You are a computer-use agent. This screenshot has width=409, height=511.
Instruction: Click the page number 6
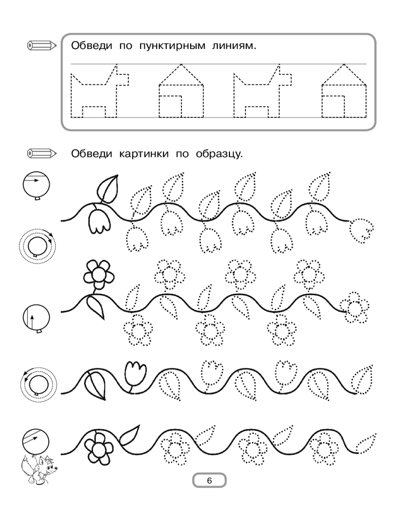click(209, 480)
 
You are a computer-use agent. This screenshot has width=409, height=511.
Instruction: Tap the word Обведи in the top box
click(92, 45)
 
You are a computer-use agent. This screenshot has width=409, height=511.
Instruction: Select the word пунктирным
click(172, 45)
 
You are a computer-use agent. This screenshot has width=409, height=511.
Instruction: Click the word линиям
click(234, 45)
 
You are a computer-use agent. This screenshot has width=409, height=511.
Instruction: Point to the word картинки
click(144, 153)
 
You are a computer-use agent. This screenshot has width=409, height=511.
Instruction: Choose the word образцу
click(219, 153)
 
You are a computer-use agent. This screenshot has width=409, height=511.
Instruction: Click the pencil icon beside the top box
click(42, 45)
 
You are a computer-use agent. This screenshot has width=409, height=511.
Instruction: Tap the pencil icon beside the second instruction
click(42, 153)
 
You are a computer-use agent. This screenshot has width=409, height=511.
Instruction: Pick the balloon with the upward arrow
click(36, 319)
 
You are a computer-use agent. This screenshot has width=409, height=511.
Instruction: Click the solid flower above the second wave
click(99, 275)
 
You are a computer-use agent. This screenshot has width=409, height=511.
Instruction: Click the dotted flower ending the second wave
click(355, 307)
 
